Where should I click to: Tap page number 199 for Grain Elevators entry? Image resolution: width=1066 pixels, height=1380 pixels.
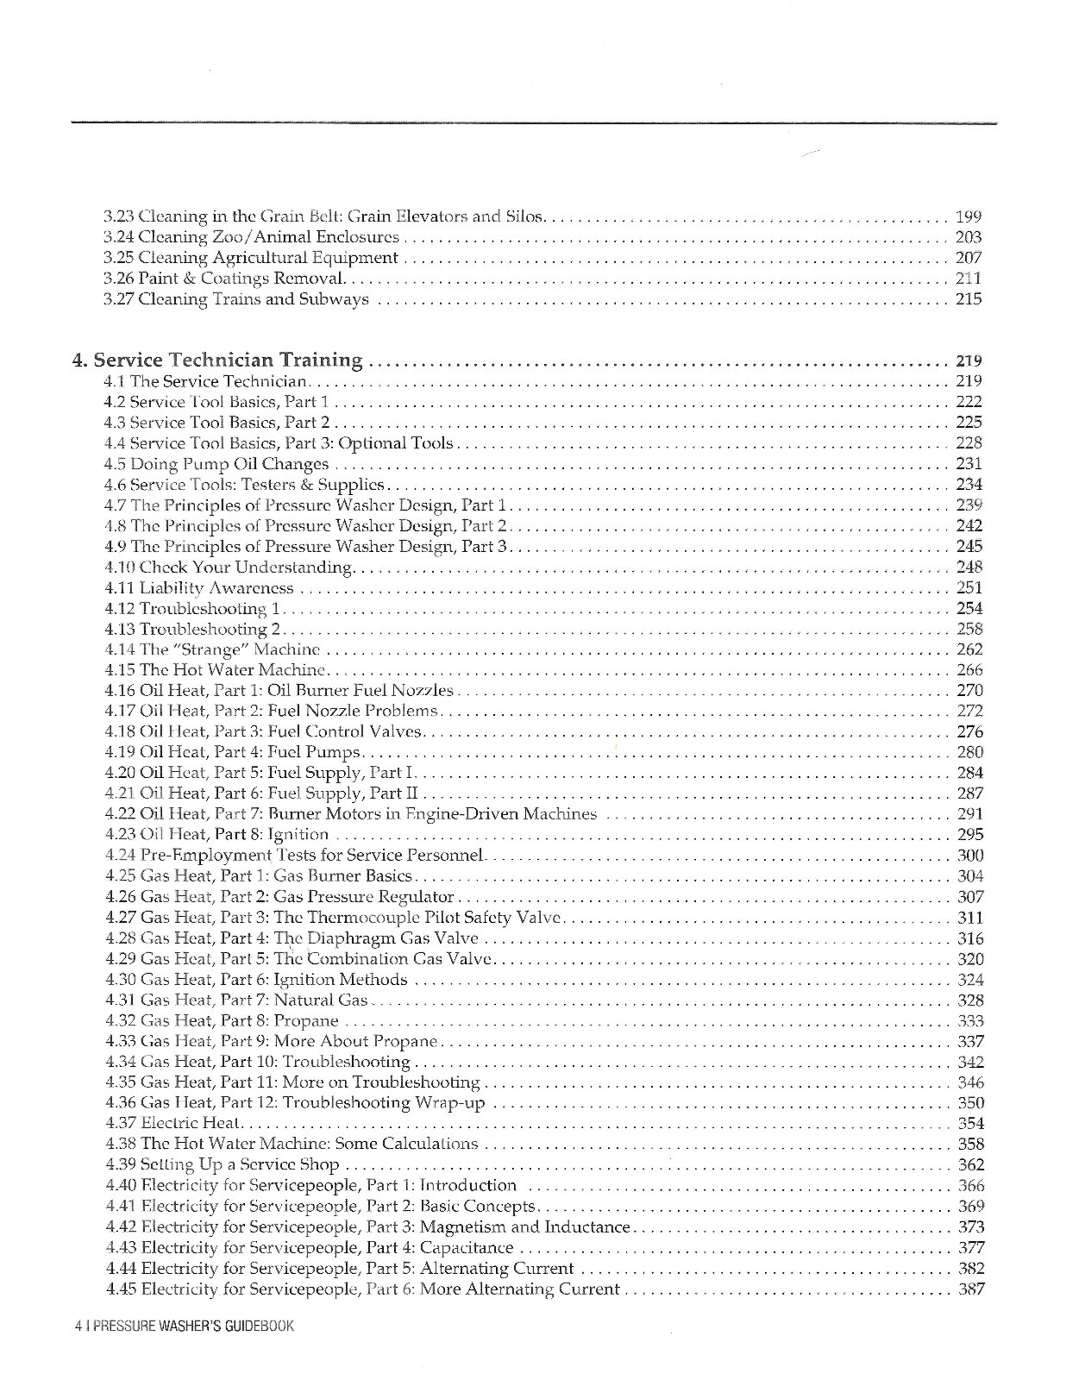click(x=969, y=216)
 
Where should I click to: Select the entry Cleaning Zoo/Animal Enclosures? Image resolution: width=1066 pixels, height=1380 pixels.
click(x=251, y=237)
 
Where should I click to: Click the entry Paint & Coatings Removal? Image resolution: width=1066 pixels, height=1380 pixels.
click(x=223, y=279)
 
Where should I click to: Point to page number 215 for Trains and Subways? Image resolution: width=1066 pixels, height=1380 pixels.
click(x=969, y=299)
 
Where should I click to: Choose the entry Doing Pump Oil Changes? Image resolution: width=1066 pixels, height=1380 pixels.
click(x=216, y=464)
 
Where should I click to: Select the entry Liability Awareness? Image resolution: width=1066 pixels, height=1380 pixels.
click(x=199, y=588)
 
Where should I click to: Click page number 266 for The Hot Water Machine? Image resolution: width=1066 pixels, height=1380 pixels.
click(x=970, y=670)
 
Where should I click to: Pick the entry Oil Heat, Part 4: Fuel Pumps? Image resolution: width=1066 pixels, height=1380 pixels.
click(x=233, y=752)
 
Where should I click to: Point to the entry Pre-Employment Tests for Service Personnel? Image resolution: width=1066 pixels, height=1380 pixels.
click(x=295, y=856)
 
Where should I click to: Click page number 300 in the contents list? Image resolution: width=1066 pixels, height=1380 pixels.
click(x=970, y=856)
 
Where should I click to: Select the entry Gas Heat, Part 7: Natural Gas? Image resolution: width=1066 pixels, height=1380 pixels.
click(x=236, y=1000)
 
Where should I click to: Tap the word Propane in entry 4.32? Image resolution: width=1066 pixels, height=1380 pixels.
click(x=306, y=1021)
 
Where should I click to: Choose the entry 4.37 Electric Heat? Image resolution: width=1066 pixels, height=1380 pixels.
click(x=174, y=1124)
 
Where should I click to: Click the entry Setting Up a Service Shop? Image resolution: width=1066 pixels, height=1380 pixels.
click(x=222, y=1165)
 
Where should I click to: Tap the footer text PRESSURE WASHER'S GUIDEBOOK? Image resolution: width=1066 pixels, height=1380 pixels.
click(x=192, y=1327)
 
